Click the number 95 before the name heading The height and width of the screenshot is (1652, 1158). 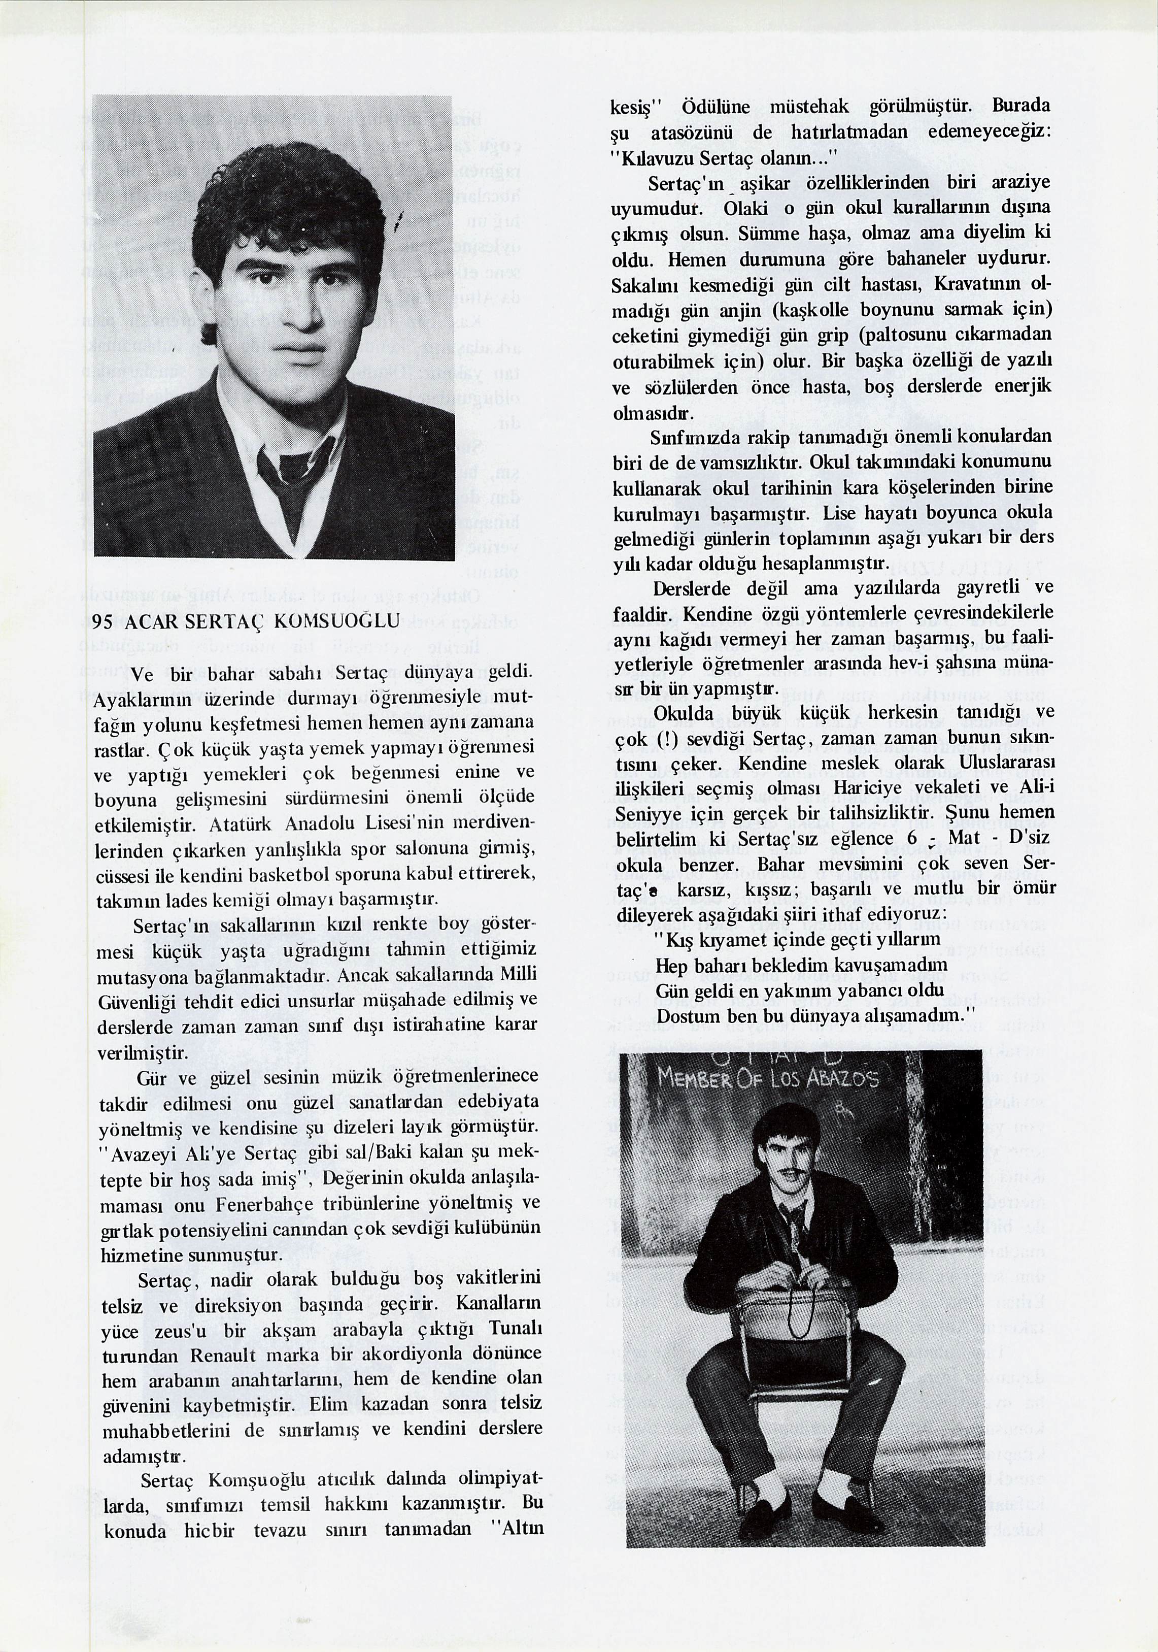click(x=104, y=622)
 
